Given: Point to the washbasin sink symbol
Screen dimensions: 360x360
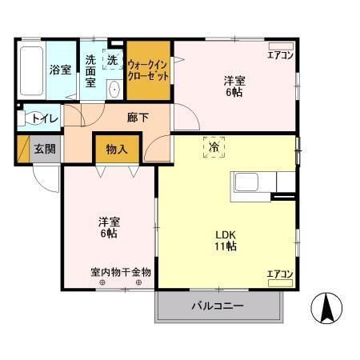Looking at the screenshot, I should tap(114, 89).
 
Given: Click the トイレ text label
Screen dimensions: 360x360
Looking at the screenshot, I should tap(43, 119).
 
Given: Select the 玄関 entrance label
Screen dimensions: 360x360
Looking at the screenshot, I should tap(44, 148).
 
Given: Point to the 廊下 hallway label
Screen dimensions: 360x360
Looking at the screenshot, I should tap(138, 117).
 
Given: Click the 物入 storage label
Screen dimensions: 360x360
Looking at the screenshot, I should tap(118, 149).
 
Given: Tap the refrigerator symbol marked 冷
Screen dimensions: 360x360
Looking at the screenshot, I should tap(214, 148).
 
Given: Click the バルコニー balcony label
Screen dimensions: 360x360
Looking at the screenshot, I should tap(217, 306).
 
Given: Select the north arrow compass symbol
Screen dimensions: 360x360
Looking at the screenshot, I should tap(327, 308).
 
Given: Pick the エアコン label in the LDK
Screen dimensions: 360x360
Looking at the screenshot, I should tap(280, 274).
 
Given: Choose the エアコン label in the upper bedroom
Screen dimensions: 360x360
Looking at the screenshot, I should tap(280, 54).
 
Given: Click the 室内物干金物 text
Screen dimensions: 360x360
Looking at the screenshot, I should tap(120, 272).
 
